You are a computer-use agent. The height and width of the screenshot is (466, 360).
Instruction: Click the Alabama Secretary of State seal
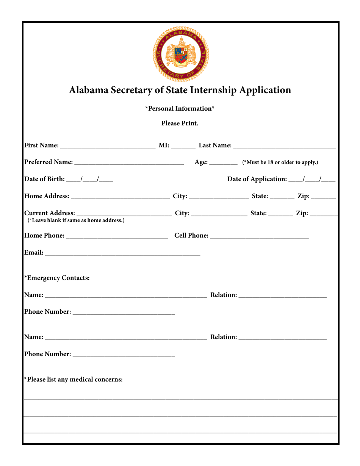(x=181, y=54)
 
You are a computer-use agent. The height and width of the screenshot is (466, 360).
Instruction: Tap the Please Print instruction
(x=180, y=123)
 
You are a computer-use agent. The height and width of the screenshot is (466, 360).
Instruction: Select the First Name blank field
(x=108, y=145)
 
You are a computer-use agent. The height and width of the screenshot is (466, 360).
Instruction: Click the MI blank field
(x=183, y=145)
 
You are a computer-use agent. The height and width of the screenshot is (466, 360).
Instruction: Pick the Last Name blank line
(x=284, y=145)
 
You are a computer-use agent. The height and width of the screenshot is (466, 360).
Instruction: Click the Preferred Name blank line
(x=129, y=162)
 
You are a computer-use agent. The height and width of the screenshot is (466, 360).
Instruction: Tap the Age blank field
(x=223, y=162)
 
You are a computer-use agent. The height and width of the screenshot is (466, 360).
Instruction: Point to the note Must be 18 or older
(x=280, y=162)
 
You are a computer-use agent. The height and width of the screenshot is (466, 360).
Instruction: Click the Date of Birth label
(x=44, y=179)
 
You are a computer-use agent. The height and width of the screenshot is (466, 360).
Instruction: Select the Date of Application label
(x=257, y=179)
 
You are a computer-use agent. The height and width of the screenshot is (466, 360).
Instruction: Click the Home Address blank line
(x=120, y=196)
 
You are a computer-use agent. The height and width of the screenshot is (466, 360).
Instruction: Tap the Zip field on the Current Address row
(x=323, y=213)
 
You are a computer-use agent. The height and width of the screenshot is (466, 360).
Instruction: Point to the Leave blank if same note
(x=76, y=220)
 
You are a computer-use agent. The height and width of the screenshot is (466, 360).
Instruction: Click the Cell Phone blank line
(x=259, y=236)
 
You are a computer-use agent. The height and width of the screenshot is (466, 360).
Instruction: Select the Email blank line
(x=122, y=253)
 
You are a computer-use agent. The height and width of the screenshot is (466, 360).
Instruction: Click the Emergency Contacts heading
(x=57, y=278)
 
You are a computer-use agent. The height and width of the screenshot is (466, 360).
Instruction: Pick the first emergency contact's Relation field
(x=282, y=295)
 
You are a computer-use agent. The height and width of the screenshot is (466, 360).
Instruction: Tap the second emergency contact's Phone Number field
(x=124, y=354)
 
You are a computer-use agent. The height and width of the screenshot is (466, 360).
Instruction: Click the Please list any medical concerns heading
(x=74, y=380)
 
